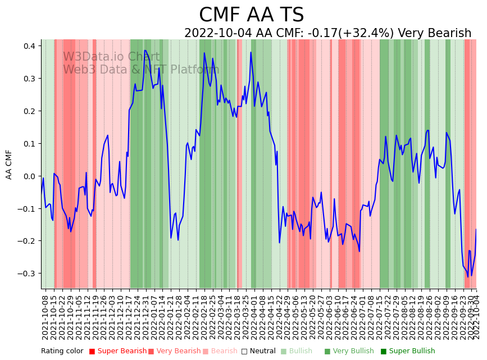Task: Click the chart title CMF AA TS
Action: [251, 15]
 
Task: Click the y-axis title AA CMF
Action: [9, 164]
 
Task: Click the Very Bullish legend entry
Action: [353, 352]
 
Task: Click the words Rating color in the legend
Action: [62, 352]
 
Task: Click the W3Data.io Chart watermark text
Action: [111, 57]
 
